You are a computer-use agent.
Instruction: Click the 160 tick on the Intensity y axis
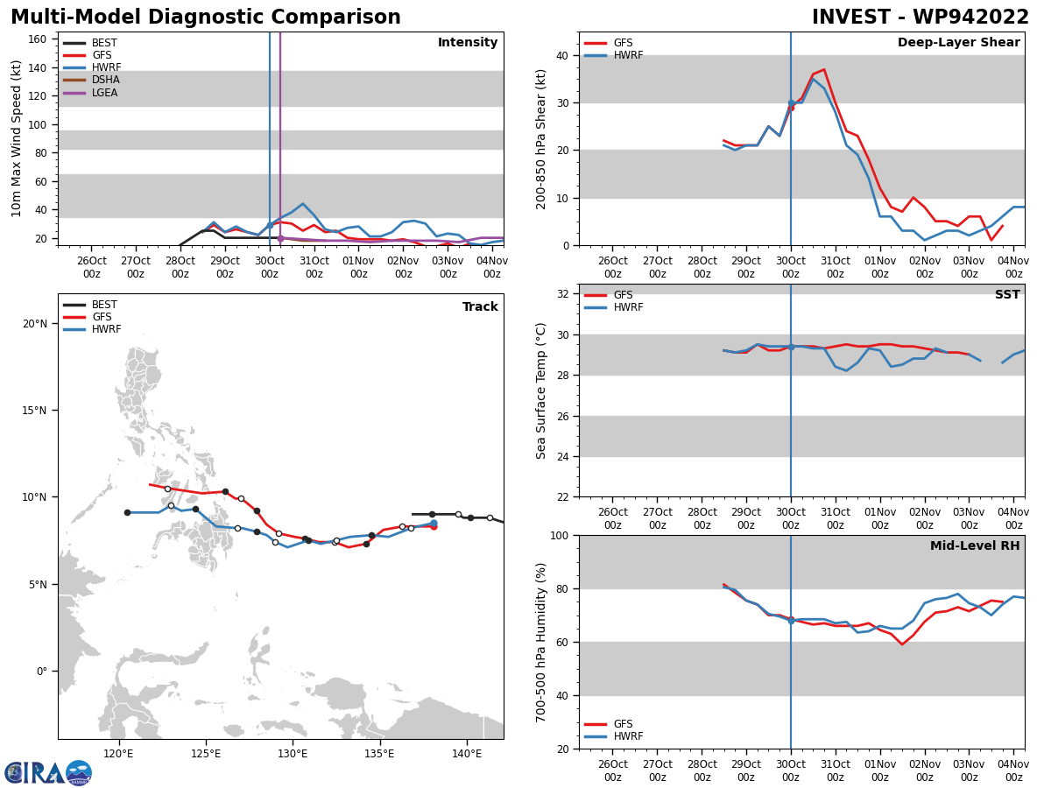coord(38,39)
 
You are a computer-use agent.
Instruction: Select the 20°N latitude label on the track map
coord(35,324)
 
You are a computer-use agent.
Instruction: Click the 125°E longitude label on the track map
coord(205,753)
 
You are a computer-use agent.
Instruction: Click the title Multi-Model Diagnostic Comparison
coord(206,18)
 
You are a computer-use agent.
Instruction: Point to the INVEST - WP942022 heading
coord(920,18)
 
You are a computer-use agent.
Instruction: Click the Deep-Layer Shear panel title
coord(958,43)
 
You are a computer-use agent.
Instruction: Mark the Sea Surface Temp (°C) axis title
coord(541,390)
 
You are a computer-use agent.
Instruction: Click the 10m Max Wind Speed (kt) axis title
coord(17,138)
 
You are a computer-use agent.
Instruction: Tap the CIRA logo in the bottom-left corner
coord(47,772)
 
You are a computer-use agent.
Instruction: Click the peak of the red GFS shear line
coord(823,69)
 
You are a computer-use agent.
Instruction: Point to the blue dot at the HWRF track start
coord(434,524)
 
